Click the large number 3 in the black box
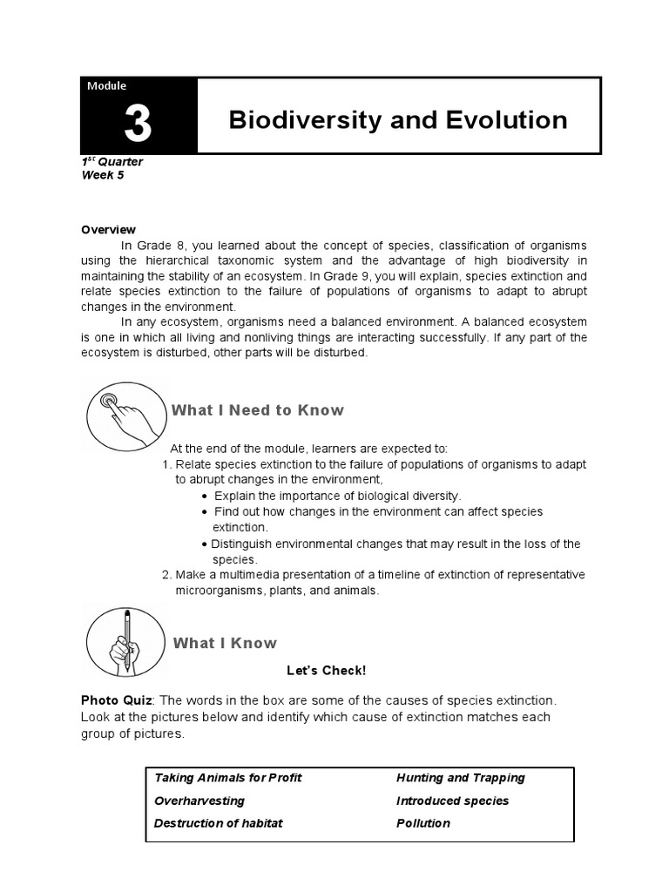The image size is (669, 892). (x=138, y=125)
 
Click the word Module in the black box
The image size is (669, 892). (x=107, y=86)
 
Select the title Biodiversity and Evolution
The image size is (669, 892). (x=397, y=119)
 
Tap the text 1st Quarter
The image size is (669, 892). (x=112, y=162)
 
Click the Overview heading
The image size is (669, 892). (x=108, y=230)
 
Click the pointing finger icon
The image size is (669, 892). (x=125, y=414)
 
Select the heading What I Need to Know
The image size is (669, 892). (x=258, y=410)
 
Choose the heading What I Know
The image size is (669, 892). (x=225, y=643)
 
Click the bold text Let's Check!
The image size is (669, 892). (x=327, y=670)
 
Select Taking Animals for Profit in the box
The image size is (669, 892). (x=227, y=778)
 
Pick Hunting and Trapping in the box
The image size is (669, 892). (x=460, y=778)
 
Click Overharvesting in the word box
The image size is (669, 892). (x=199, y=801)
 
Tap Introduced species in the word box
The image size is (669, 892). (x=452, y=801)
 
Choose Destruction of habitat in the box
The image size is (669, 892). (x=219, y=823)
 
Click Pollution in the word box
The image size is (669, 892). (x=422, y=823)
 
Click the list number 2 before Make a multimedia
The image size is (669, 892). (x=166, y=575)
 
